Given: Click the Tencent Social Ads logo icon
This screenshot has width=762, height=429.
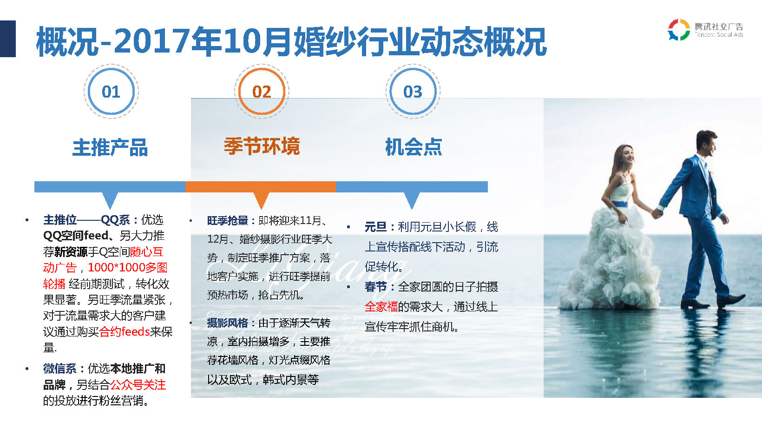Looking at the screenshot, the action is [679, 30].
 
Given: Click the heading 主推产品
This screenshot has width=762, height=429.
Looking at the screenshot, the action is [110, 147].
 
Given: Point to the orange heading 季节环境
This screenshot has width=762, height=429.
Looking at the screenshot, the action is [262, 146].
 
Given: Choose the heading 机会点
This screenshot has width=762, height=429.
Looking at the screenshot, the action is [414, 147].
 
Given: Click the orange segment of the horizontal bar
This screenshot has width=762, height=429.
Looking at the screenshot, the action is [261, 187].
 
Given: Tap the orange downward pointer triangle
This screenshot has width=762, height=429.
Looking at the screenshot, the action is [262, 200].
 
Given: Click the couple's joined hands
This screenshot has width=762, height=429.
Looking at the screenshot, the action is [657, 213].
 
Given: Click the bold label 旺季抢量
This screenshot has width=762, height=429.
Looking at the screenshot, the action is [228, 221].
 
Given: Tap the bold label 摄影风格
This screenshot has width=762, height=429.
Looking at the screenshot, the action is [228, 323].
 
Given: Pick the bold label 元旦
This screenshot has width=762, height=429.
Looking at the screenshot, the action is [375, 227].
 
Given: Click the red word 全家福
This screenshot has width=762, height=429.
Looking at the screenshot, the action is [381, 307].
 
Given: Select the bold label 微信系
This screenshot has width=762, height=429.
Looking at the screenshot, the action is [60, 369].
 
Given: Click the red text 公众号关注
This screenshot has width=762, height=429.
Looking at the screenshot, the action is [138, 385].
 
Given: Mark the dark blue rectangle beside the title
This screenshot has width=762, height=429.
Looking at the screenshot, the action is [8, 39].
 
